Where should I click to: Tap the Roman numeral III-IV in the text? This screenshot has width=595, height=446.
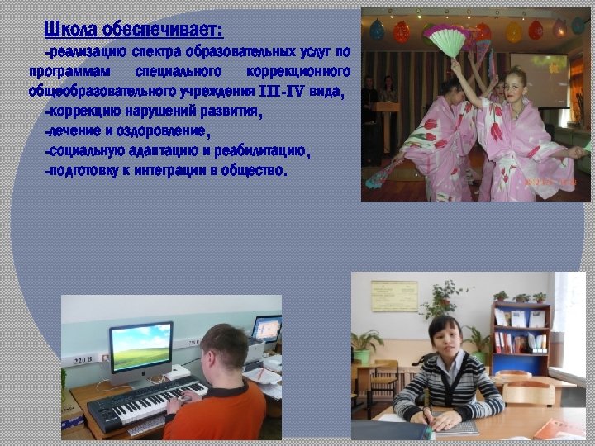coord(283,91)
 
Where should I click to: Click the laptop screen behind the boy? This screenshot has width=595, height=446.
coord(267,328)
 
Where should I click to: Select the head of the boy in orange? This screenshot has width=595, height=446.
coord(226,350)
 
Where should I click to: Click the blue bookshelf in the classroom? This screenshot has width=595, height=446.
coord(520,339)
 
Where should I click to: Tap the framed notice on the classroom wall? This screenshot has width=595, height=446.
coord(394,296)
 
